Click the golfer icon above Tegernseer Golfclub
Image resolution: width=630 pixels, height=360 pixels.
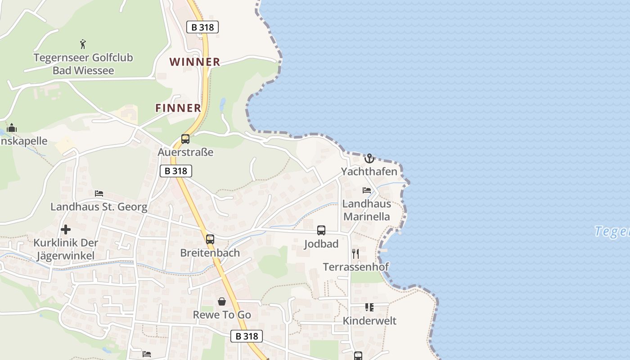point(83,44)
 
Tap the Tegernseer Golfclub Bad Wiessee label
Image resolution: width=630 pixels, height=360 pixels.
point(83,64)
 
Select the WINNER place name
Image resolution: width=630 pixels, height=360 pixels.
point(195,62)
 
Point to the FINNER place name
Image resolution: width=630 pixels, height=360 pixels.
point(178,108)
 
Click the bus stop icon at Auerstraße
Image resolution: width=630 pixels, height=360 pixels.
point(185,139)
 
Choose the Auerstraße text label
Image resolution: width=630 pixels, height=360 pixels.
point(185,152)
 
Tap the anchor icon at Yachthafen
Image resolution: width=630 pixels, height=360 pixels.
point(369,158)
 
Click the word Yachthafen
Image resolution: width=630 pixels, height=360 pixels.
point(369,171)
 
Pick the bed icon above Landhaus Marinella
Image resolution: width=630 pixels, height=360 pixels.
point(367,190)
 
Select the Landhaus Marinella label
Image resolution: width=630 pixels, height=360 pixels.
point(367,210)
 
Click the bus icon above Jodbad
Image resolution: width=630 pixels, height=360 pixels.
point(321,230)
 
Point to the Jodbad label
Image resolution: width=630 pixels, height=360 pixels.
point(321,244)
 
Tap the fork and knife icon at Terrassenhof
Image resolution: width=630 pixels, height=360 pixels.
point(355,253)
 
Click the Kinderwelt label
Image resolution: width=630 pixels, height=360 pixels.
point(369,321)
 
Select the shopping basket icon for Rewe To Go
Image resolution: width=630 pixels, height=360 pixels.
point(222,301)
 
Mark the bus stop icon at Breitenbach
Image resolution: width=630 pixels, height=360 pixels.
point(210,239)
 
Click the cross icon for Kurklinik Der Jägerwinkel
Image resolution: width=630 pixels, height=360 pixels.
point(66,229)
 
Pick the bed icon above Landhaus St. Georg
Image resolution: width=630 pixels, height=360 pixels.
point(99,193)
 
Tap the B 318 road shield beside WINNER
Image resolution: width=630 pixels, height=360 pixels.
point(202,27)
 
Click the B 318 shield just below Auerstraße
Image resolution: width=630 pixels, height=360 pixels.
point(176,171)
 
